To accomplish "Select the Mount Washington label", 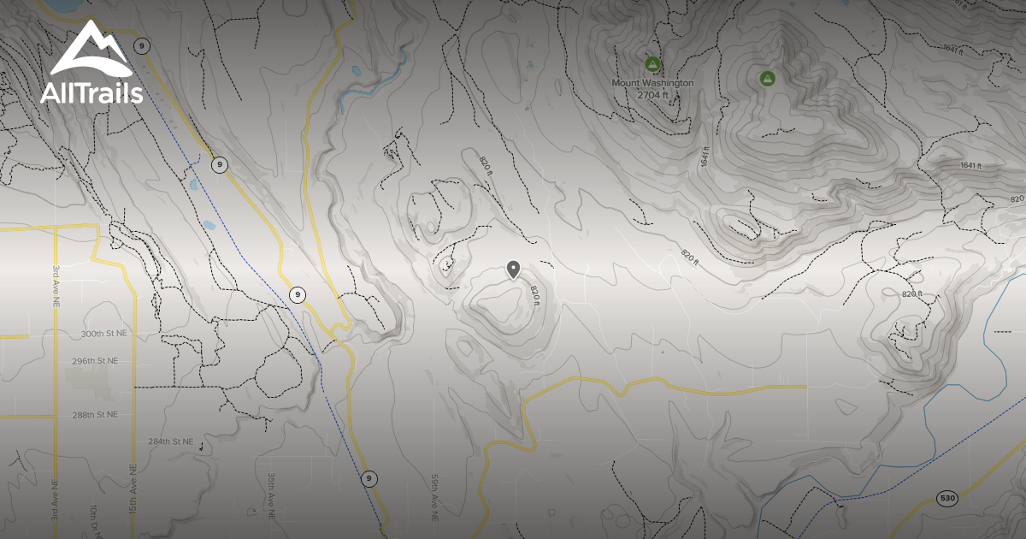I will (x=652, y=83).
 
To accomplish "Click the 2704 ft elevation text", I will (x=652, y=95).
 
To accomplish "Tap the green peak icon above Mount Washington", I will (x=652, y=63).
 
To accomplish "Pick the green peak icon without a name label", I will (x=768, y=79).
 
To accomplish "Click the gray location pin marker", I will (x=513, y=269).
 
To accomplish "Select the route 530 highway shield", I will (x=946, y=498).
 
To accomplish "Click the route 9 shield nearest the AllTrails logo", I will (x=142, y=45).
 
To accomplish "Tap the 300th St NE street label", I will (x=104, y=333).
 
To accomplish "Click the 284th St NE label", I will (x=170, y=441).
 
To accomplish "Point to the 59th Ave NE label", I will (x=434, y=496).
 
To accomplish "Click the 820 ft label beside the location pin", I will (x=535, y=293).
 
